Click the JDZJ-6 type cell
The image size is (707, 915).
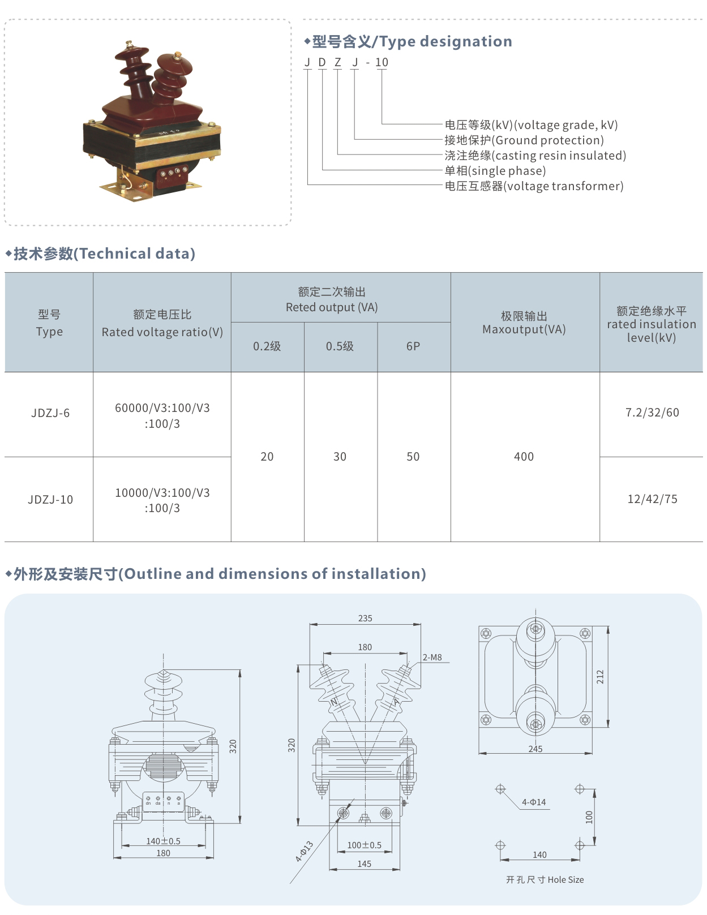(x=50, y=413)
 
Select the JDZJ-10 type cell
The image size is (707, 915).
(x=50, y=500)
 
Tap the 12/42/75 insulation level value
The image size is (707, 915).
(x=652, y=499)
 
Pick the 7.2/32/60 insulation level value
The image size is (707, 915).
(x=652, y=413)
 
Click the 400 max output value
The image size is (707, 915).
(x=524, y=457)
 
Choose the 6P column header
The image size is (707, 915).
(x=413, y=346)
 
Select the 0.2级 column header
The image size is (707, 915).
(x=267, y=346)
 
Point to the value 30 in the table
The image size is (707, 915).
(x=340, y=457)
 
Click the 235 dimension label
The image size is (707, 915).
(x=365, y=618)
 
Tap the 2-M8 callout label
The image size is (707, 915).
(x=432, y=658)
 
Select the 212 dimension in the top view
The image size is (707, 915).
(x=600, y=677)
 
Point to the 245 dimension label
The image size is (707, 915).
(x=535, y=749)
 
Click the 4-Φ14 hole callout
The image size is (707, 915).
(x=534, y=802)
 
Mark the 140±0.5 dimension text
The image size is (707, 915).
(x=163, y=841)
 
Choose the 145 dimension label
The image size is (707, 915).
(x=364, y=864)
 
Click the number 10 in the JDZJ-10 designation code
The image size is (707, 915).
(x=382, y=62)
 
